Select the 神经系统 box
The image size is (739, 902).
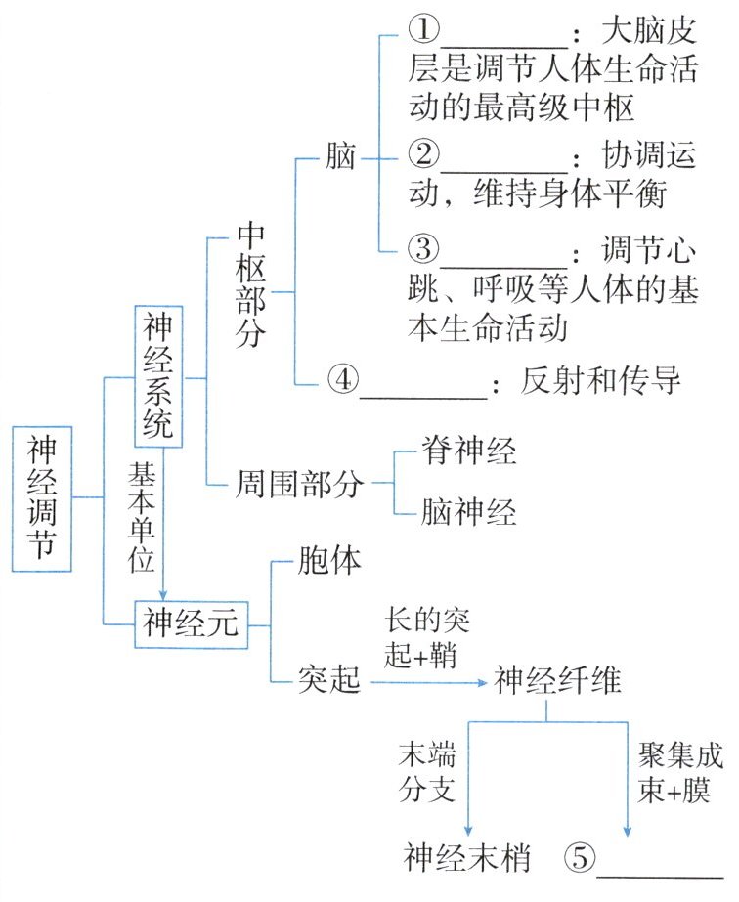(157, 376)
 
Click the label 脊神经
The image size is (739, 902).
(469, 451)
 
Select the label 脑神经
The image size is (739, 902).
(469, 511)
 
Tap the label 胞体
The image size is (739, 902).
(329, 563)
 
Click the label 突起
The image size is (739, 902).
(329, 682)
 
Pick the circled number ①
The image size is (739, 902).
(422, 33)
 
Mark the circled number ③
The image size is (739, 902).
(422, 251)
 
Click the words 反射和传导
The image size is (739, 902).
(600, 381)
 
